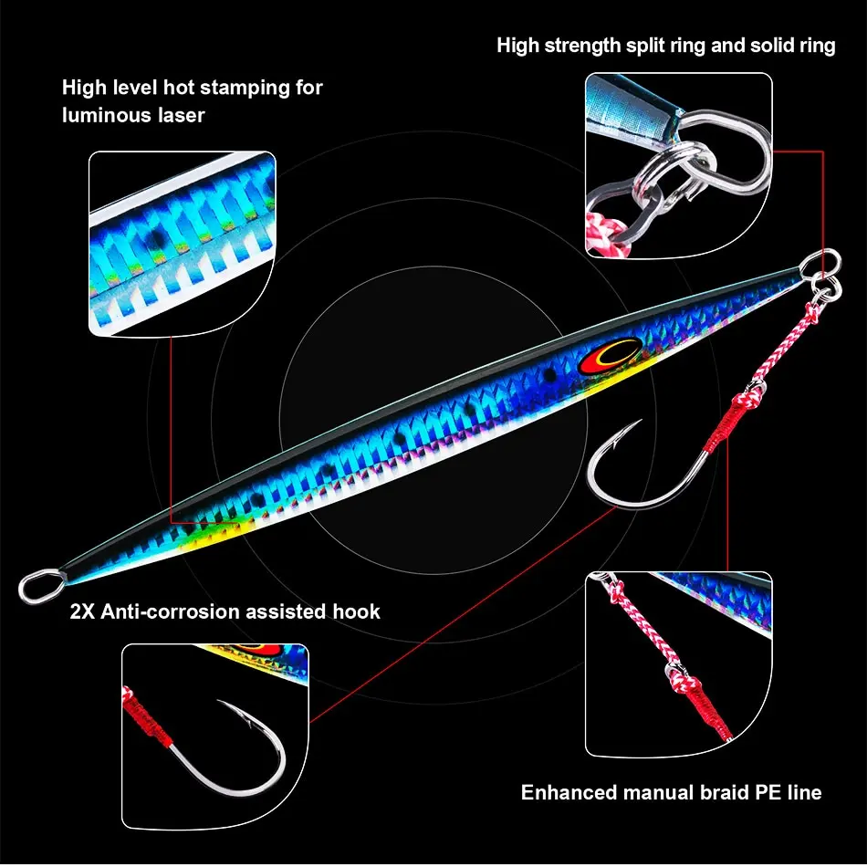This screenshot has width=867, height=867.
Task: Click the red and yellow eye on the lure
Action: click(x=609, y=356)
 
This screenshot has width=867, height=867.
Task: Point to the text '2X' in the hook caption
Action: click(x=82, y=611)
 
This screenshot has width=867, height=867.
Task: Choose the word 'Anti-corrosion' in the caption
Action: click(x=171, y=611)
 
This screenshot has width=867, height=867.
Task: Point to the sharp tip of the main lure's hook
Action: click(x=642, y=420)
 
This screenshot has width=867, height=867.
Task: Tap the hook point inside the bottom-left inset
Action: click(x=219, y=701)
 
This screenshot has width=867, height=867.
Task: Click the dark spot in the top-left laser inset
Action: click(x=156, y=239)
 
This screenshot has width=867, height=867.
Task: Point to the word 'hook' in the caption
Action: click(x=356, y=611)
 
